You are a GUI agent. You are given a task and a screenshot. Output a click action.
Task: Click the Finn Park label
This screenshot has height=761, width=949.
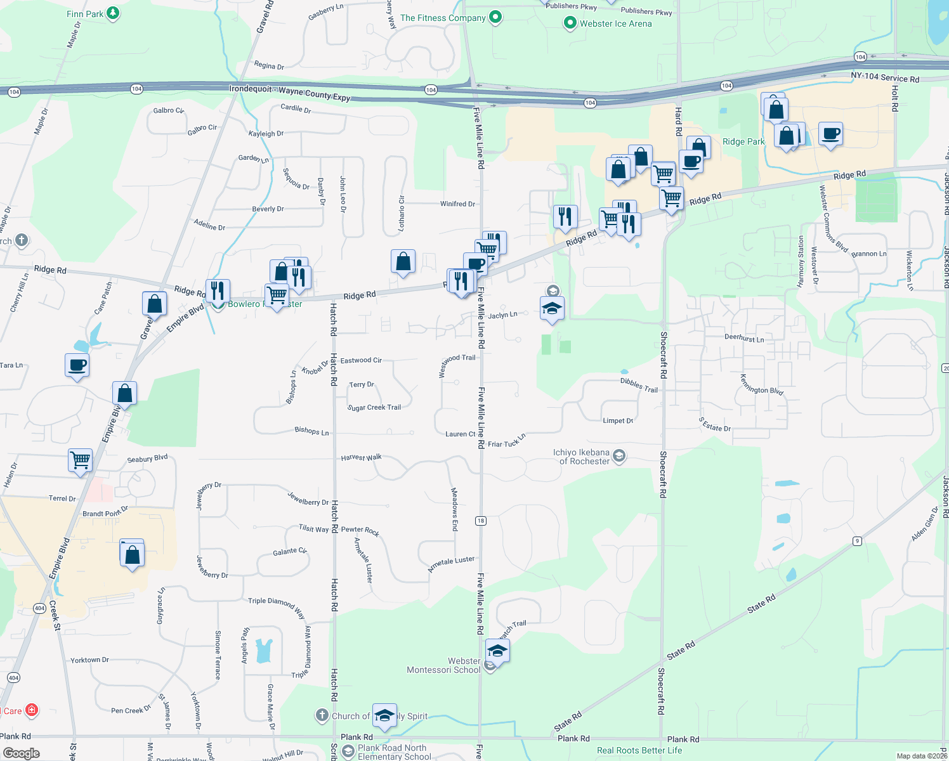[85, 14]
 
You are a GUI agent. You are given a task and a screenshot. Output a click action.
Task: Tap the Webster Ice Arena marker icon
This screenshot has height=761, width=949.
[570, 23]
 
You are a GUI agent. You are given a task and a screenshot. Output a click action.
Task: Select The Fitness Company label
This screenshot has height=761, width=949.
[443, 18]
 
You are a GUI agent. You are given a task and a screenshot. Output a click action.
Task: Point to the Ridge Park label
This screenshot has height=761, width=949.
[743, 141]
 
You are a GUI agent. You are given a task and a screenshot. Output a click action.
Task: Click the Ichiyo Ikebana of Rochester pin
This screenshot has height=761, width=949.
[619, 455]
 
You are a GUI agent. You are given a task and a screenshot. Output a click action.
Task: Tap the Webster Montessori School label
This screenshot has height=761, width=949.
[443, 665]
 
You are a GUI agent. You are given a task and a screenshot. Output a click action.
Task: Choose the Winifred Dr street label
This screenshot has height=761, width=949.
[457, 204]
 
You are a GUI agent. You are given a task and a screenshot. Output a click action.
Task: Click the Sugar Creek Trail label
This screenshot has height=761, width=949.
[374, 408]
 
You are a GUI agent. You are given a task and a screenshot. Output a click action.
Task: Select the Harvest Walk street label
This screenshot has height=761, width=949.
[362, 457]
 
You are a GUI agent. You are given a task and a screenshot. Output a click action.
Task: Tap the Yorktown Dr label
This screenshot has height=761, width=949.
[89, 660]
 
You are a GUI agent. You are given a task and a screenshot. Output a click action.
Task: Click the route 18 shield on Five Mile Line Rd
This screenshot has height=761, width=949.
[480, 521]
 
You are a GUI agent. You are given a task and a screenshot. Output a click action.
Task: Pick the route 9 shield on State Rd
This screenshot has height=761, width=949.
[857, 541]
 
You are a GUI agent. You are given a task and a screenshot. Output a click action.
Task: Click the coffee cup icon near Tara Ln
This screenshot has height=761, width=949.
[77, 365]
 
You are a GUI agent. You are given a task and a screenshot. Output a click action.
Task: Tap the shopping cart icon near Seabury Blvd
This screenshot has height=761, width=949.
[81, 460]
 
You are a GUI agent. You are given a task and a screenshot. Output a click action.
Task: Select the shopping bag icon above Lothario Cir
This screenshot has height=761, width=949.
[403, 261]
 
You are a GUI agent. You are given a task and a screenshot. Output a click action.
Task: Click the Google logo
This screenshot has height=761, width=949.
[22, 753]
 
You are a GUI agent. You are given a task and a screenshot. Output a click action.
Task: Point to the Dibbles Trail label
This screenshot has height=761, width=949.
[639, 385]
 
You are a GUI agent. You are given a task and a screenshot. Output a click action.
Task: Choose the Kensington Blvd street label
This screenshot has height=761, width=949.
[761, 385]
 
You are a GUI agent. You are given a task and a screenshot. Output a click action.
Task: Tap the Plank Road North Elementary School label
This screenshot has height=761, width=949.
[393, 752]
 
